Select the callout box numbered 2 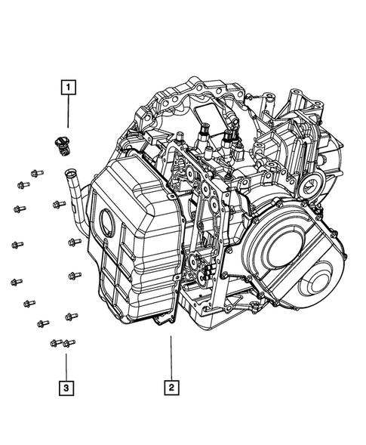[x=172, y=388]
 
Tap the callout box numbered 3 [x=67, y=388]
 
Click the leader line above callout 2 [x=172, y=355]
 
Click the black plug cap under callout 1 [x=62, y=143]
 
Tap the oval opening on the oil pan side [x=107, y=224]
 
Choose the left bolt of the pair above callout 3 [x=56, y=344]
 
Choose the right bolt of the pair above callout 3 [x=69, y=343]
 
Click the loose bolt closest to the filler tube [x=59, y=205]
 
